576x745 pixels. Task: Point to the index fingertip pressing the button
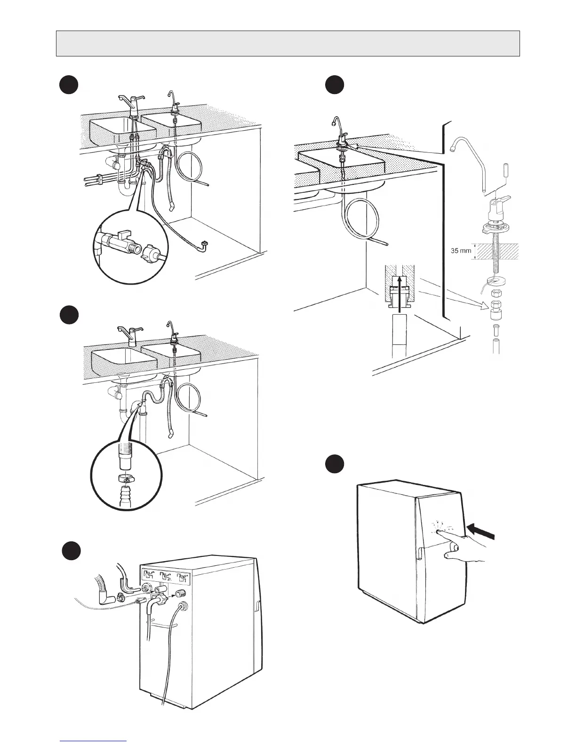[x=438, y=531]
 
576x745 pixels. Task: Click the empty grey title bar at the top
[x=288, y=43]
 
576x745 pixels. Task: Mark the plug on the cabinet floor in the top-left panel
[x=204, y=244]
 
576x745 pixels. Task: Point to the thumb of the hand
[x=453, y=547]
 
